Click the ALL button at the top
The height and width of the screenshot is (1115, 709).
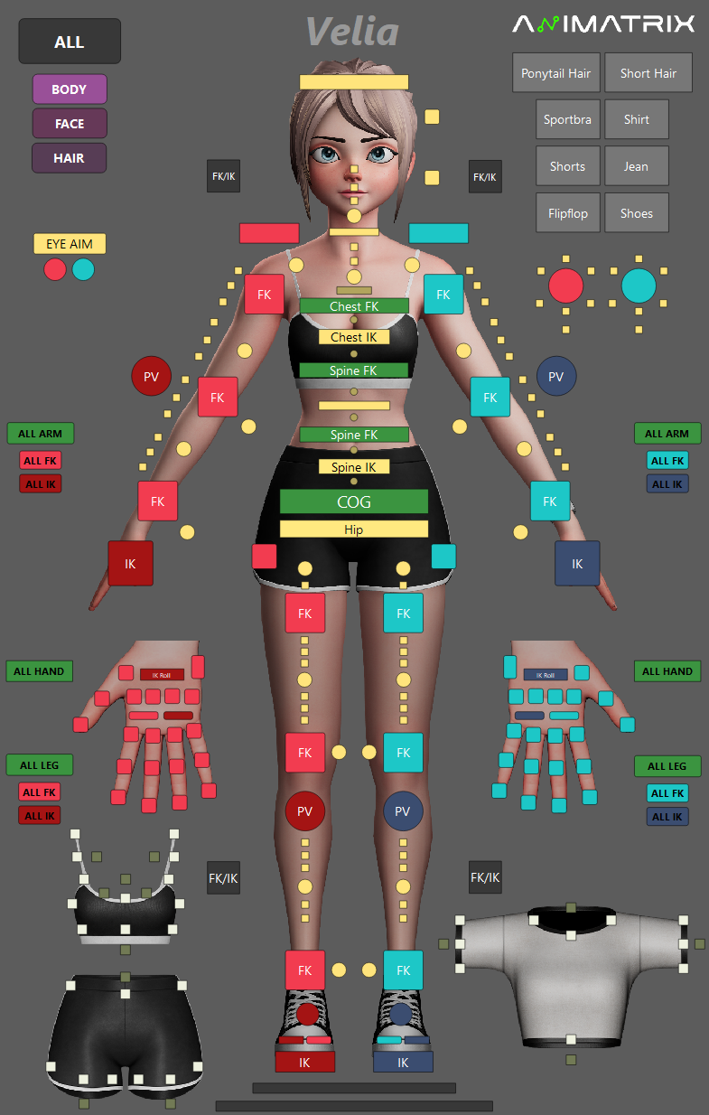[70, 42]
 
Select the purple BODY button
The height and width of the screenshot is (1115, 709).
[70, 89]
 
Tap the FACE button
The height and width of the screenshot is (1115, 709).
[70, 124]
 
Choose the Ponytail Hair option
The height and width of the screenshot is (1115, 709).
[555, 73]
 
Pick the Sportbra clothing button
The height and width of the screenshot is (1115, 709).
[567, 119]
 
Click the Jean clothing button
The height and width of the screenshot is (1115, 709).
[636, 166]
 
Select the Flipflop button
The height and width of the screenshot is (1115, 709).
[567, 213]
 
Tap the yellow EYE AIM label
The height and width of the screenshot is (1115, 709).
[70, 244]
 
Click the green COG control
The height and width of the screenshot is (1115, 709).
[354, 501]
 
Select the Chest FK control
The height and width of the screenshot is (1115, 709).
[354, 306]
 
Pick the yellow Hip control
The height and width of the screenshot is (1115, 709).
[354, 529]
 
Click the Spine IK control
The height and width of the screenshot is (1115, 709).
[354, 467]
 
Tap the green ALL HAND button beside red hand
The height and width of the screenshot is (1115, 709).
[40, 671]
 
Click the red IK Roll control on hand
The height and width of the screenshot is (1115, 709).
[163, 674]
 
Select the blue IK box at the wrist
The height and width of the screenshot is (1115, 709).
[577, 564]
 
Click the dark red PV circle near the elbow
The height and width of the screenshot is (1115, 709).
[152, 377]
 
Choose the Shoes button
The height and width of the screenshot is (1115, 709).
[636, 213]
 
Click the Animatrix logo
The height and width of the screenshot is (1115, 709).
[603, 24]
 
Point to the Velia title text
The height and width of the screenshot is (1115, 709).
[352, 33]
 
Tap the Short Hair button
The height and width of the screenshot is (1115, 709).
[648, 73]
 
